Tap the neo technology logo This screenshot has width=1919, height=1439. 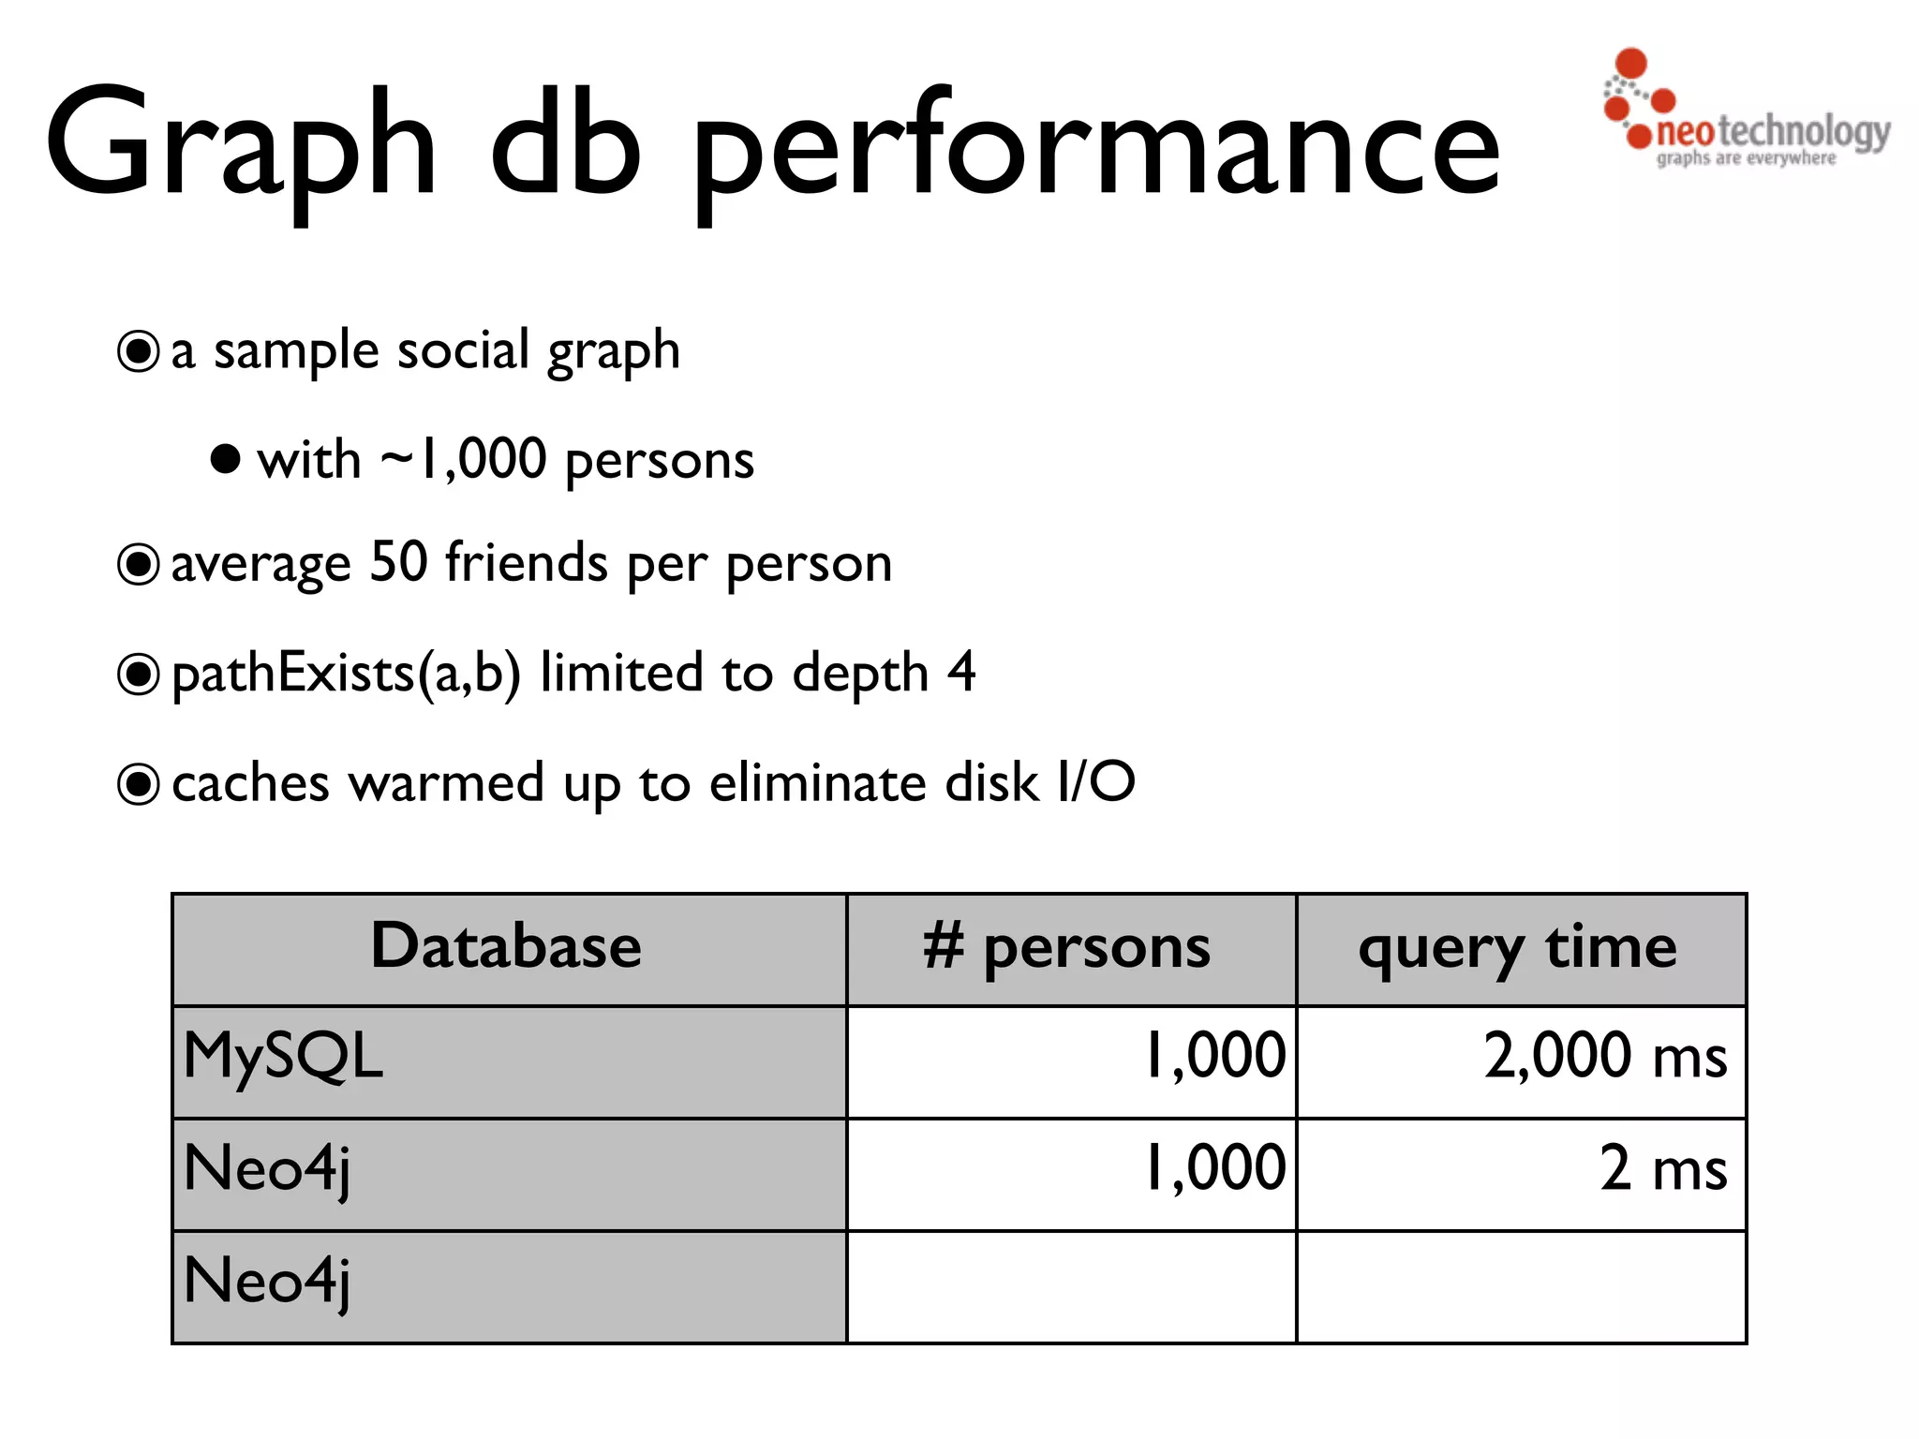tap(1745, 111)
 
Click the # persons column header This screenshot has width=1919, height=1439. tap(1067, 948)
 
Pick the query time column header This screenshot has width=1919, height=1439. tap(1518, 948)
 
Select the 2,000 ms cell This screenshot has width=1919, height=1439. tap(1604, 1057)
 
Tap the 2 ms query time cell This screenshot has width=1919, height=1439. tap(1662, 1169)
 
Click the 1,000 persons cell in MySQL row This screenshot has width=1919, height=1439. tap(1215, 1057)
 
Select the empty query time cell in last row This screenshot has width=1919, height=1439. tap(1520, 1285)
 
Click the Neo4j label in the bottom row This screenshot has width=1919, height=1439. tap(267, 1282)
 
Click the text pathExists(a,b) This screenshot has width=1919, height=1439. tap(346, 674)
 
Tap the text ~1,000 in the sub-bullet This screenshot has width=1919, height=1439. tap(463, 459)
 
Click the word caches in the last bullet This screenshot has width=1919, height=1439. tap(250, 783)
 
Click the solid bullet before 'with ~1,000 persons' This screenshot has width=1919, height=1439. tap(225, 459)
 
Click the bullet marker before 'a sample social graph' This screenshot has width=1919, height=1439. tap(139, 352)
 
